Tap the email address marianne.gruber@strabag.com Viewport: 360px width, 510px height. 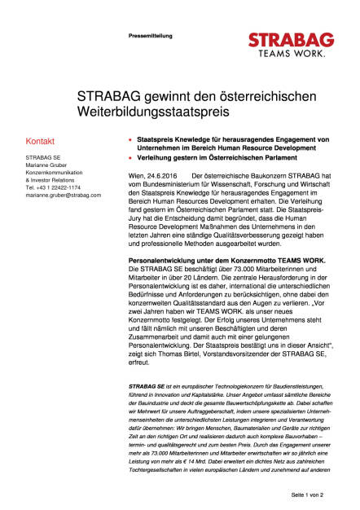[x=67, y=196]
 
